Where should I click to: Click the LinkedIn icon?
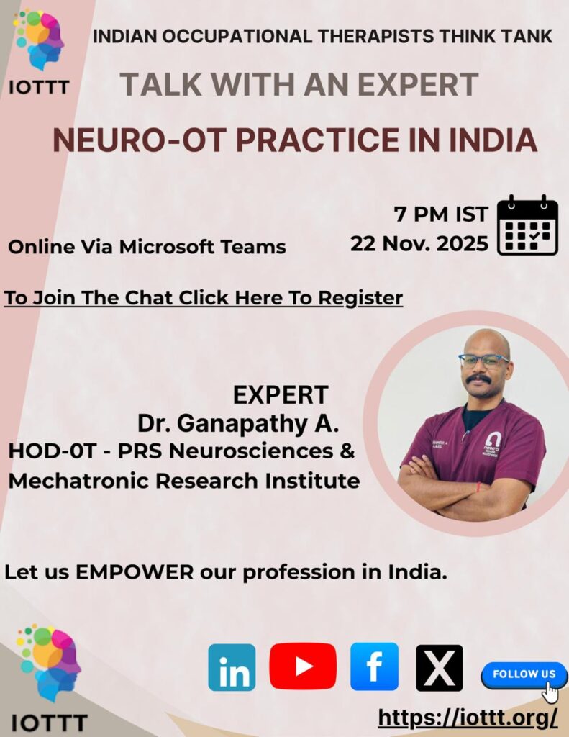click(232, 667)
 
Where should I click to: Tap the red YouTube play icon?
click(303, 666)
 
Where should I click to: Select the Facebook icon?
click(375, 666)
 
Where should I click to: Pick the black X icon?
click(440, 668)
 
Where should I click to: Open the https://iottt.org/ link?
click(468, 718)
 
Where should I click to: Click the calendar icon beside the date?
click(528, 225)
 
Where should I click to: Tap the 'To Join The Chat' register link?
click(204, 298)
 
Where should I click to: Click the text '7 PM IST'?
click(441, 214)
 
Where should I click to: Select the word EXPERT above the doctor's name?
click(281, 395)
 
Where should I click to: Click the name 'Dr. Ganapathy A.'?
click(238, 423)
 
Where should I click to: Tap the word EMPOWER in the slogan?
click(135, 572)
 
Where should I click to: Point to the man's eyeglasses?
click(483, 361)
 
